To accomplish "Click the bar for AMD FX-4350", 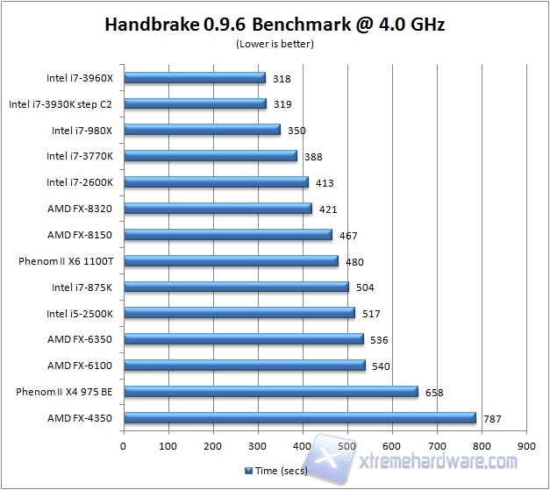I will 299,418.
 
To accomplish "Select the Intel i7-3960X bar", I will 194,78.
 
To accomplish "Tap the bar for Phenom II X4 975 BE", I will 271,392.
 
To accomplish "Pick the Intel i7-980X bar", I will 202,130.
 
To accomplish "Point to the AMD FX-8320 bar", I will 218,209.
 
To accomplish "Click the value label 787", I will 491,419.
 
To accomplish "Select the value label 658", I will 434,393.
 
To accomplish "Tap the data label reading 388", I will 313,157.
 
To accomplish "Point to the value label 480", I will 354,261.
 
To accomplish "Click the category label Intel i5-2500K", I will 84,313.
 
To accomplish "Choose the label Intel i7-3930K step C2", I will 66,103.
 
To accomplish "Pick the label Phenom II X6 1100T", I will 68,260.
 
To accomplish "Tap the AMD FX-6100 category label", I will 86,366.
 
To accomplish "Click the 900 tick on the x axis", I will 526,446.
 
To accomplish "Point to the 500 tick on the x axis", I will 347,446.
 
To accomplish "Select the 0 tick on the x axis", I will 123,446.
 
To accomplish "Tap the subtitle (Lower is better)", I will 275,43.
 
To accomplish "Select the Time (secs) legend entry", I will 278,471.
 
